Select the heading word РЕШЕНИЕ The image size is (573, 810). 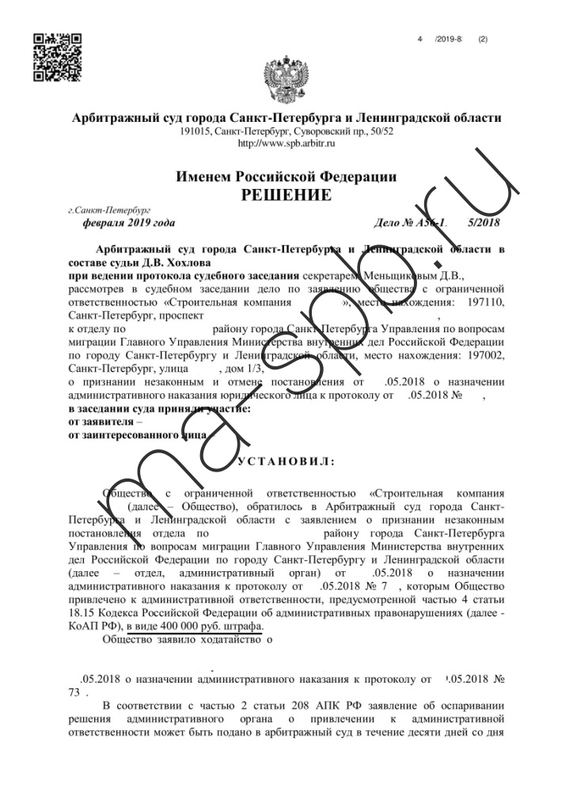point(286,194)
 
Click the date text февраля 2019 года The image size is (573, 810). point(123,223)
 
